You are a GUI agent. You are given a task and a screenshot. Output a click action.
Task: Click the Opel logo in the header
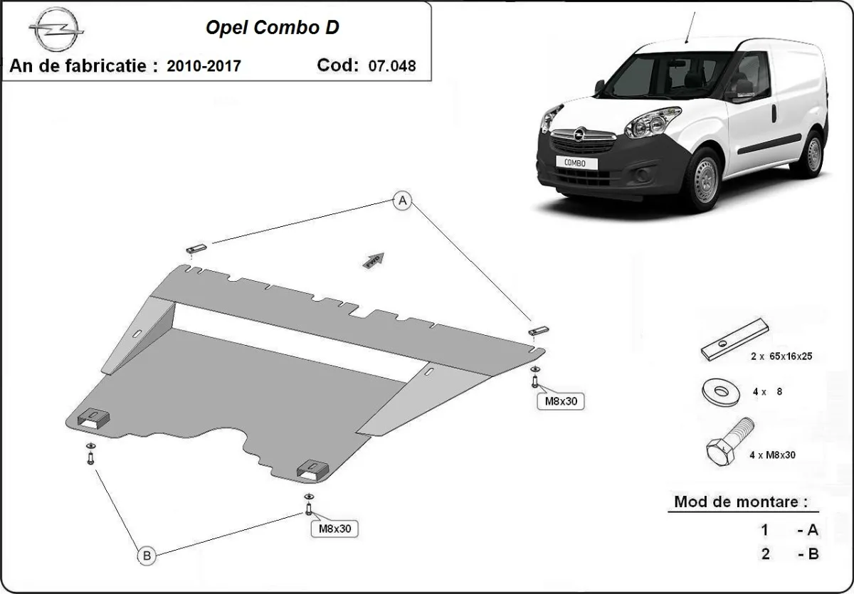[x=56, y=31]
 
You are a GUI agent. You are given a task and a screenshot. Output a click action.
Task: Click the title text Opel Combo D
[x=273, y=28]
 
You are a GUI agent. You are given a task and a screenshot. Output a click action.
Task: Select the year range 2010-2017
[x=204, y=66]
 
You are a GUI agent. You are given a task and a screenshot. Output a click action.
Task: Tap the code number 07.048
[x=392, y=66]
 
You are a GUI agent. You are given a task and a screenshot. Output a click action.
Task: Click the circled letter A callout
[x=403, y=202]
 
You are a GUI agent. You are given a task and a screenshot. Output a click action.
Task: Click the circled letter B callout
[x=147, y=556]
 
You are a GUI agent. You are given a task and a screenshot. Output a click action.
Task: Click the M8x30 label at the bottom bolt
[x=334, y=529]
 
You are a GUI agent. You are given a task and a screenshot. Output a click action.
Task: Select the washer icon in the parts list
[x=720, y=391]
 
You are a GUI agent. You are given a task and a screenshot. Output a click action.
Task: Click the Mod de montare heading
[x=741, y=502]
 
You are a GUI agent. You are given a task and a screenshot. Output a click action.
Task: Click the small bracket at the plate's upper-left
[x=196, y=248]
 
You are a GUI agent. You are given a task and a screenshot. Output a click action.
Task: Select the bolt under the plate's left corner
[x=90, y=455]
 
